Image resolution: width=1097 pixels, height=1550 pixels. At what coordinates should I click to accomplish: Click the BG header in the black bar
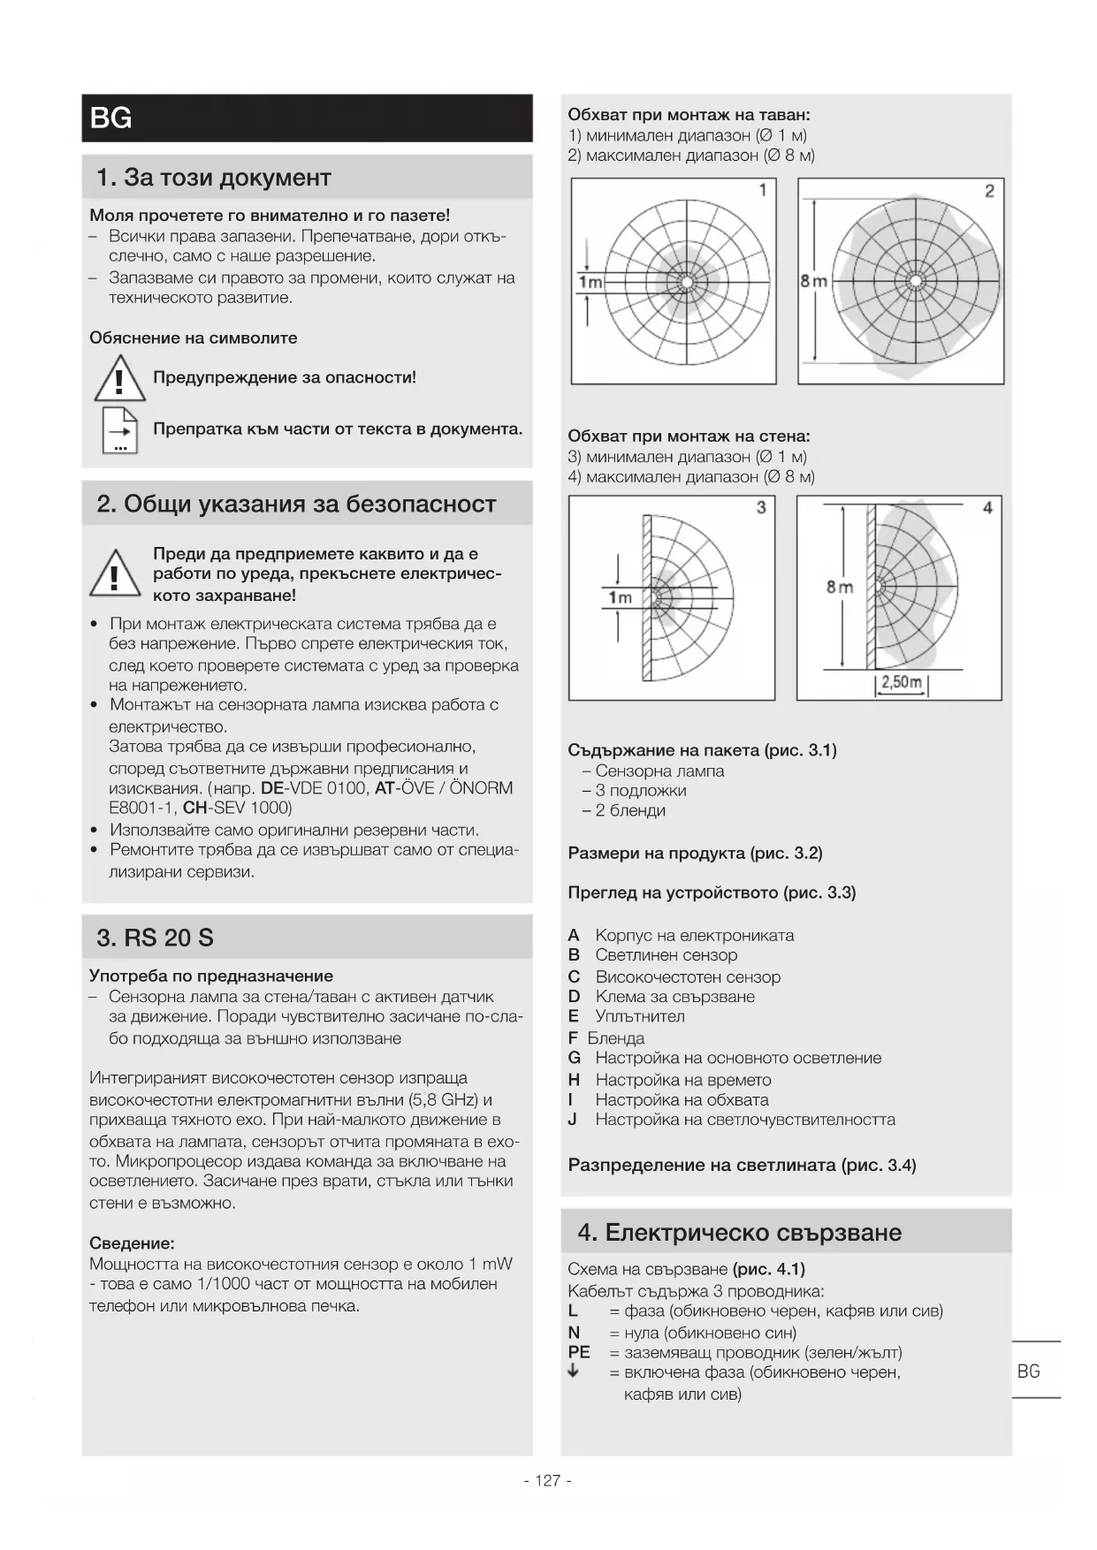(111, 118)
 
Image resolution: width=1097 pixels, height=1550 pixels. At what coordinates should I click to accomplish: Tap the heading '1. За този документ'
(214, 178)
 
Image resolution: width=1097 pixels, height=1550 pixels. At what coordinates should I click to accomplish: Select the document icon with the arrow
(120, 430)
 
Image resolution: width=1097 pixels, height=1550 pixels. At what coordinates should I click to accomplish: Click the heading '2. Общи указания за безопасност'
(296, 504)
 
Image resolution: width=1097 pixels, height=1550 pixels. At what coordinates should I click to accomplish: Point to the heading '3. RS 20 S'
(155, 938)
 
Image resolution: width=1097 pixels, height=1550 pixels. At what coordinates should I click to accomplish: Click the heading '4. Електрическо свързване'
(739, 1232)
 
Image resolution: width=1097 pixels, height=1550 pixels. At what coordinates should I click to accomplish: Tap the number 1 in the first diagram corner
(763, 190)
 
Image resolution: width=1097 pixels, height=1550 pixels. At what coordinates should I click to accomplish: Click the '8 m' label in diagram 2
(813, 281)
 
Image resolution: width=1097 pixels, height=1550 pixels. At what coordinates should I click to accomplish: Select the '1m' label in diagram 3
(620, 597)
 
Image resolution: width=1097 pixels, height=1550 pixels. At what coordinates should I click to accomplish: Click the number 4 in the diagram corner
(987, 507)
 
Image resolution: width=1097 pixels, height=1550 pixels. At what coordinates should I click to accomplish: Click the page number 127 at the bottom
(548, 1480)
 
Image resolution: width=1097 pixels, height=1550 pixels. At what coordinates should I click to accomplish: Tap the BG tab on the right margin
(1028, 1371)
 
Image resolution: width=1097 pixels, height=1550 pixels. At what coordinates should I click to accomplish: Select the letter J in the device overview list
(573, 1120)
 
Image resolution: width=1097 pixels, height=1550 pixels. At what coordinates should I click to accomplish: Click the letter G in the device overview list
(574, 1058)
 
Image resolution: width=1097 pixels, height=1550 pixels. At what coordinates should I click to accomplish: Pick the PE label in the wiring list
(578, 1352)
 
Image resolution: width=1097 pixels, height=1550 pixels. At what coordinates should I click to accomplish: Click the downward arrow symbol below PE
(573, 1371)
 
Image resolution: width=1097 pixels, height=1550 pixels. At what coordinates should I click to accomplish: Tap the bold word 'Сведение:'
(132, 1243)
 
